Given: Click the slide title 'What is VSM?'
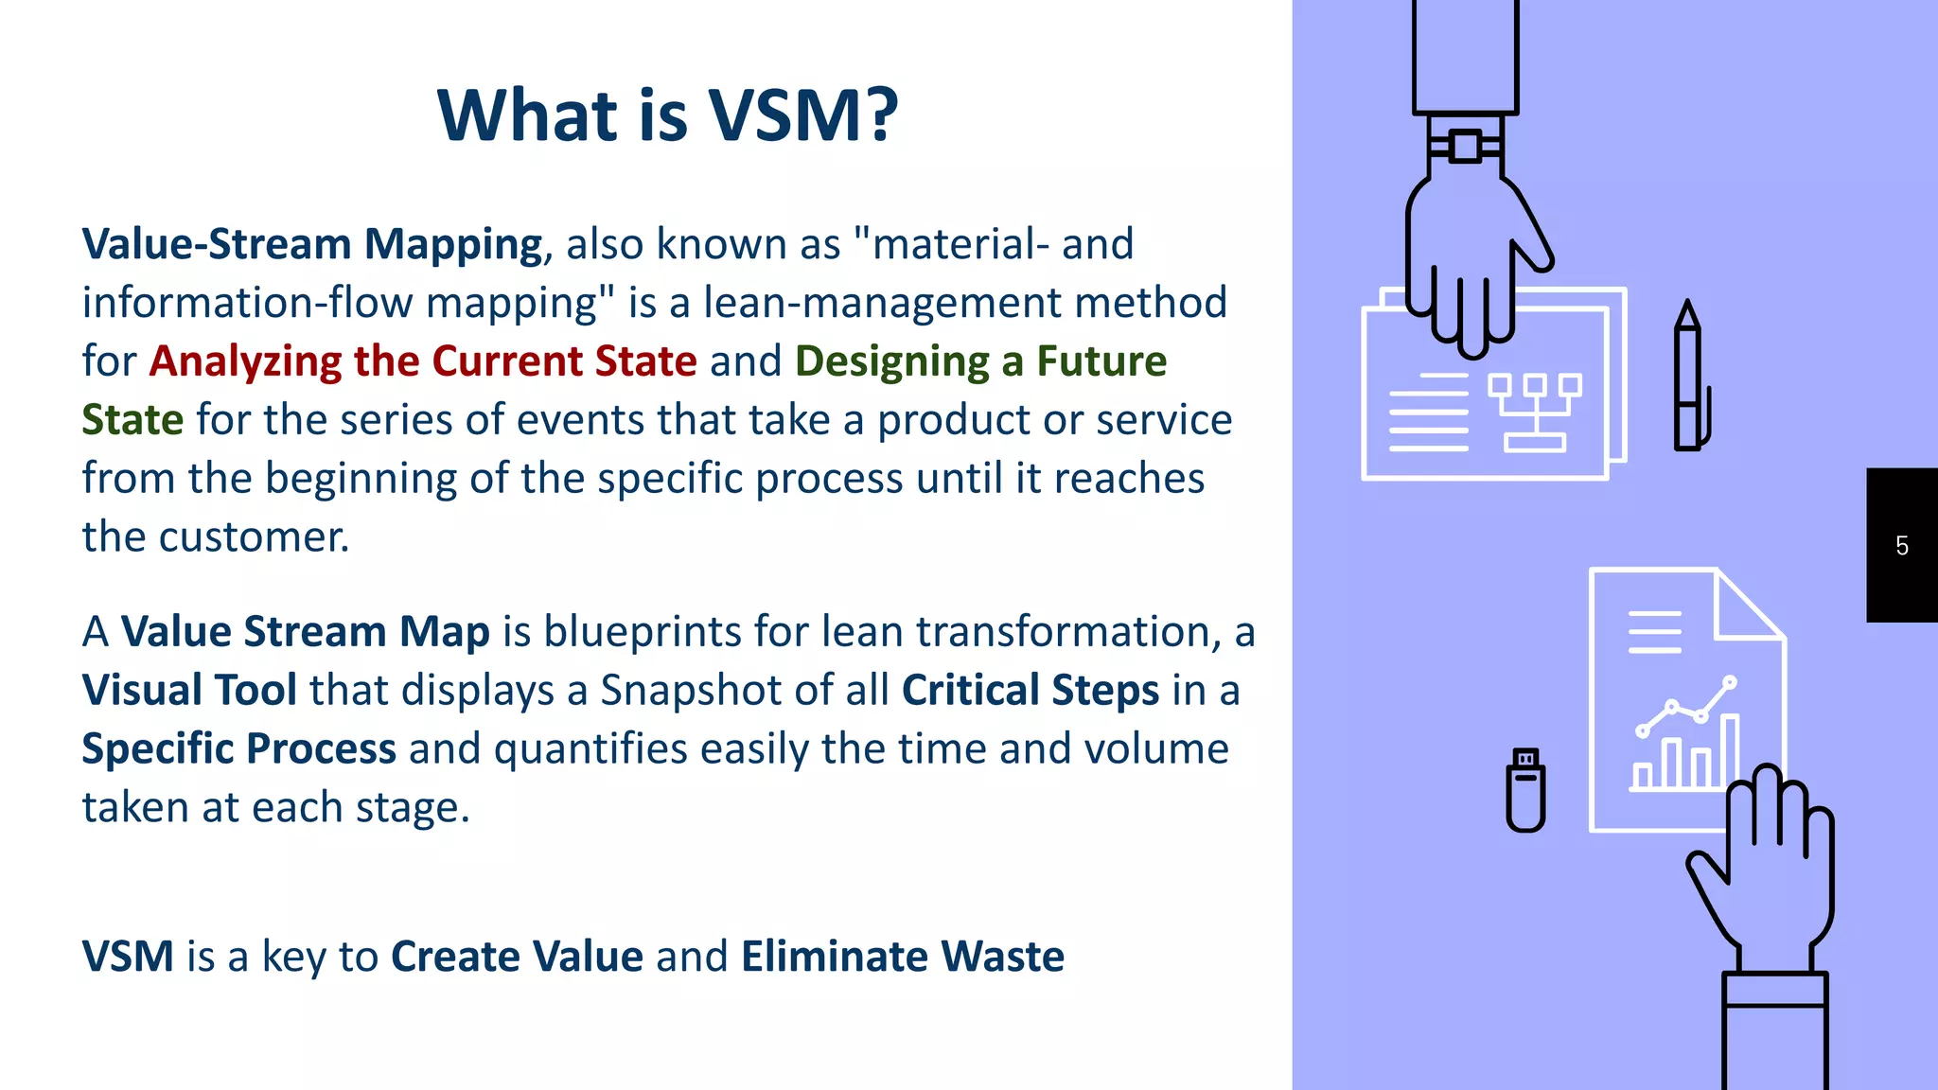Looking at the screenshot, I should (x=667, y=115).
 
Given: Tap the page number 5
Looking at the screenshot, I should (x=1901, y=546).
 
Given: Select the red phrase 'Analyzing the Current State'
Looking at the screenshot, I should (x=423, y=361).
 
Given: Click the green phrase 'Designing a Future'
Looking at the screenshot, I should (x=980, y=361).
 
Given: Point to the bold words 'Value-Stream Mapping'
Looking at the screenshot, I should (x=312, y=244).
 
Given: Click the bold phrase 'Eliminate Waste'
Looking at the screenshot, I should (x=902, y=957).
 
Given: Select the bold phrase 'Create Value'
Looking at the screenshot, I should (x=517, y=957).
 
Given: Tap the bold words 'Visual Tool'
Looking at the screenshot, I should (x=189, y=690).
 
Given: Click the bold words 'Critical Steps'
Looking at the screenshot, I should (x=1030, y=690).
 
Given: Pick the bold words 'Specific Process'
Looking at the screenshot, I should (x=238, y=748).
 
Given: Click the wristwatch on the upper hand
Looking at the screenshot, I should (x=1464, y=147).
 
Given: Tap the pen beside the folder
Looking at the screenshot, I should (x=1688, y=378).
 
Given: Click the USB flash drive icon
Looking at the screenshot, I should (x=1525, y=790).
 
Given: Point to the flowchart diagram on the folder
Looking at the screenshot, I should (x=1534, y=412).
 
